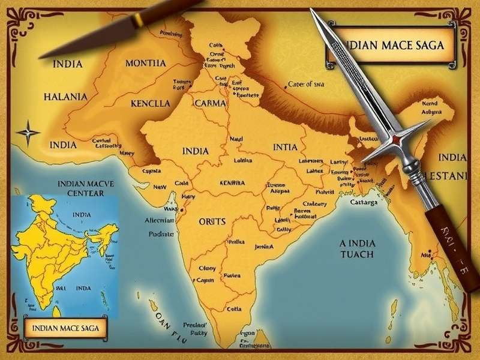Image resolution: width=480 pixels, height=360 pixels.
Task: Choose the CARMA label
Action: click(x=211, y=103)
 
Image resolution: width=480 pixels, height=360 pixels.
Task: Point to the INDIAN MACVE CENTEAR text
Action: click(x=81, y=188)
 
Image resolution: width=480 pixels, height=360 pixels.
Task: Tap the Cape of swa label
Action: click(x=307, y=85)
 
